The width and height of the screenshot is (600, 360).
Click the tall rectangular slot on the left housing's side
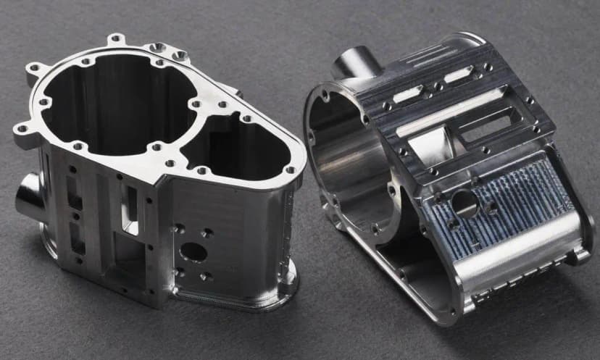(x=130, y=210)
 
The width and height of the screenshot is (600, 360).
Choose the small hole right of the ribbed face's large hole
(x=492, y=207)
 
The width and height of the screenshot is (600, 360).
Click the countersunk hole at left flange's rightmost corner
(x=290, y=171)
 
